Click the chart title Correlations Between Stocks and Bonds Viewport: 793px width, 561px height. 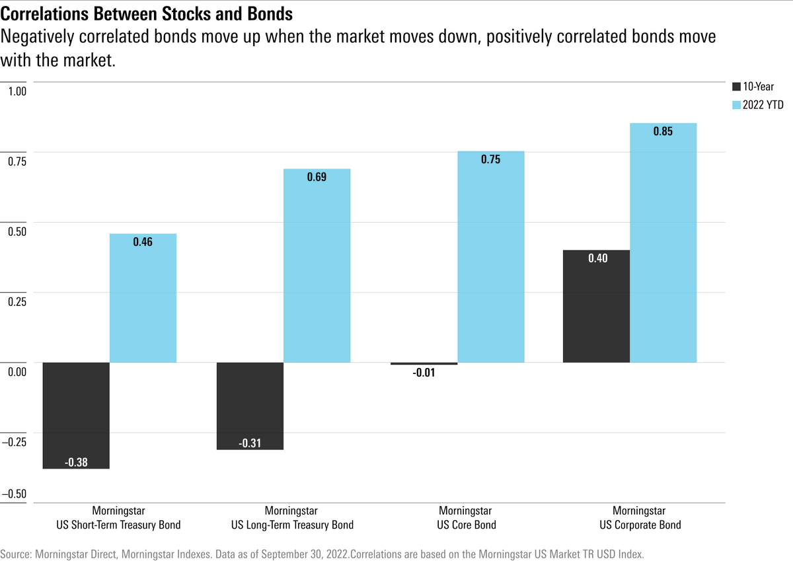pos(147,14)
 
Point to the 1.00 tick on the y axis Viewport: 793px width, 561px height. pos(17,91)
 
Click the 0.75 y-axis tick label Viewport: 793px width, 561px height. pos(17,161)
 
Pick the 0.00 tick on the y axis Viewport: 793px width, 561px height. pos(17,371)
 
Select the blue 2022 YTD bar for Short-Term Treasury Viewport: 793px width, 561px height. pos(143,298)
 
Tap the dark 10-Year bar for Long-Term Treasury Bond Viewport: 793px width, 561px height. pos(250,406)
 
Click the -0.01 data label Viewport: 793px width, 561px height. pos(424,373)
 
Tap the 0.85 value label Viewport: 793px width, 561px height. pos(663,131)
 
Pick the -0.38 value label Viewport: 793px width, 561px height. pos(77,462)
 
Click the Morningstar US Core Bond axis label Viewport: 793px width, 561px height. pos(466,518)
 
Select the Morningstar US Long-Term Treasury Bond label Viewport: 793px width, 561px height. pos(291,518)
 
